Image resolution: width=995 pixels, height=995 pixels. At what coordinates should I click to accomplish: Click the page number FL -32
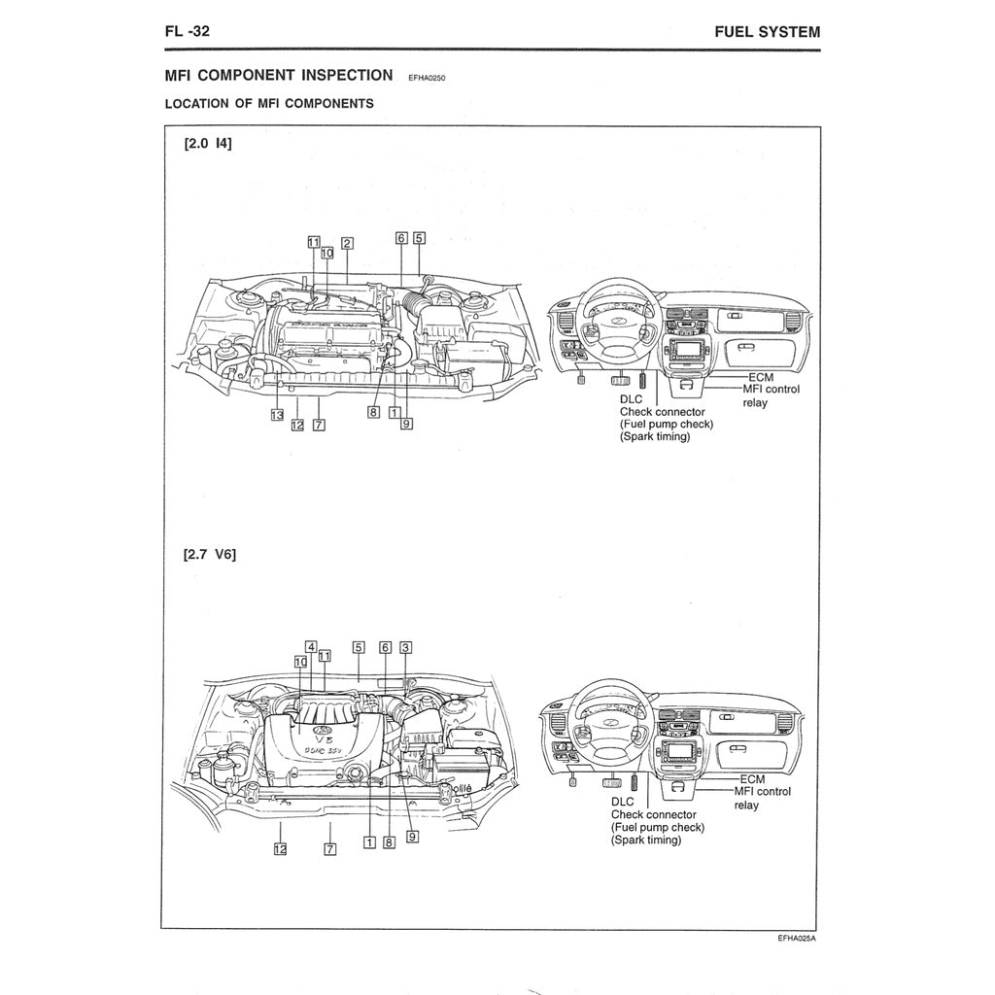pyautogui.click(x=189, y=31)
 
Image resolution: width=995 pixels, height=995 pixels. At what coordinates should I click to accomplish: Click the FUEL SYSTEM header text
pyautogui.click(x=767, y=31)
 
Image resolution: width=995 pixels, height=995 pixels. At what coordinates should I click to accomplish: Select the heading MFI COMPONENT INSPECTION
pyautogui.click(x=279, y=75)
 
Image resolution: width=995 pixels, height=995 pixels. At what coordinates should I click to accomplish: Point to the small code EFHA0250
pyautogui.click(x=428, y=78)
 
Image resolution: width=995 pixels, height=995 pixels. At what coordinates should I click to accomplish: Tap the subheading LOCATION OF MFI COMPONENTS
pyautogui.click(x=269, y=104)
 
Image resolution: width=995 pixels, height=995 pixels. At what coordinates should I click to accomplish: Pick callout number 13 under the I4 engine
pyautogui.click(x=277, y=415)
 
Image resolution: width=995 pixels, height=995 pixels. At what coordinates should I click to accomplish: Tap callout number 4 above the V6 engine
pyautogui.click(x=311, y=646)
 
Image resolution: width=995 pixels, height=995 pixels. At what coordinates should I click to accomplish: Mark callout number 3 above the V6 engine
pyautogui.click(x=406, y=646)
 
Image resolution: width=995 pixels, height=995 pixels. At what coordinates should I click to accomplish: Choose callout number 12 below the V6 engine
pyautogui.click(x=280, y=848)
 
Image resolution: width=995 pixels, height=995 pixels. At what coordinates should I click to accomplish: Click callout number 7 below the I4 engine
pyautogui.click(x=319, y=425)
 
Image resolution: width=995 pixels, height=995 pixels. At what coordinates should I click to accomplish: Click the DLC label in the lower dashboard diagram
pyautogui.click(x=622, y=802)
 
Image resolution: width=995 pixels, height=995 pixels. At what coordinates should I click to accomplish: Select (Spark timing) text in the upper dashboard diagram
pyautogui.click(x=655, y=437)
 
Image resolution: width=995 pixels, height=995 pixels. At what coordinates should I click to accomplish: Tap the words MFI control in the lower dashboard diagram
pyautogui.click(x=764, y=791)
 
